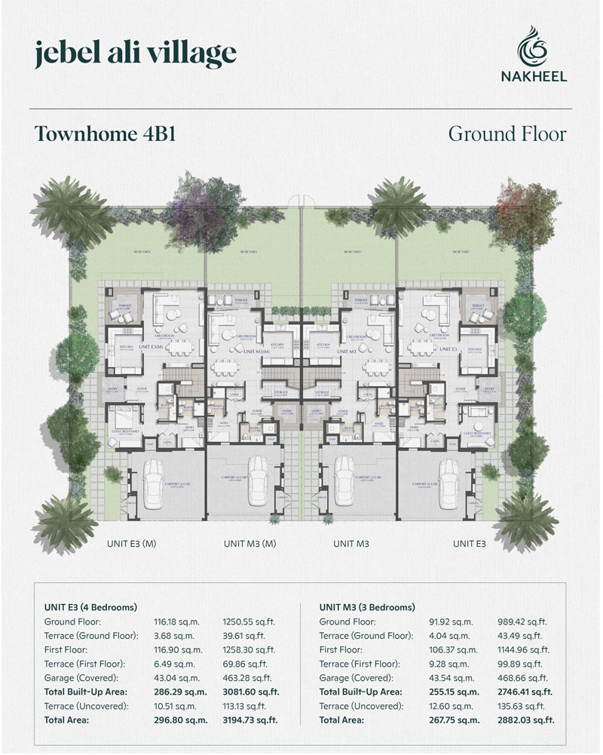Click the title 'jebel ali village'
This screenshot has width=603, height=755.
pyautogui.click(x=136, y=54)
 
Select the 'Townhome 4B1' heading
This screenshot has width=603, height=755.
pyautogui.click(x=106, y=134)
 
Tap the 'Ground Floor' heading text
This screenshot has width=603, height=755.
pyautogui.click(x=507, y=134)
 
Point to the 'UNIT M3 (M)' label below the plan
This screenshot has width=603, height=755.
pyautogui.click(x=250, y=543)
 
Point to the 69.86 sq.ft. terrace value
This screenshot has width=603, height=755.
pyautogui.click(x=247, y=663)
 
